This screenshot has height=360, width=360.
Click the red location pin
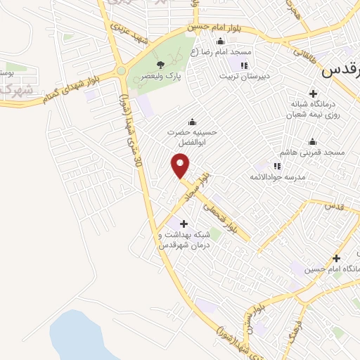pyautogui.click(x=181, y=165)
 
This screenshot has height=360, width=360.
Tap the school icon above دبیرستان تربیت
pyautogui.click(x=245, y=65)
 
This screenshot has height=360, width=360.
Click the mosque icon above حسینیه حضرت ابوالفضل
pyautogui.click(x=192, y=121)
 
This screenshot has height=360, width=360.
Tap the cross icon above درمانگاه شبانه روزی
pyautogui.click(x=314, y=93)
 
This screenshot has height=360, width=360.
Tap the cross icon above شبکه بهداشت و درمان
pyautogui.click(x=174, y=222)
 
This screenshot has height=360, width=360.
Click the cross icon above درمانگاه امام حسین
pyautogui.click(x=336, y=258)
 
